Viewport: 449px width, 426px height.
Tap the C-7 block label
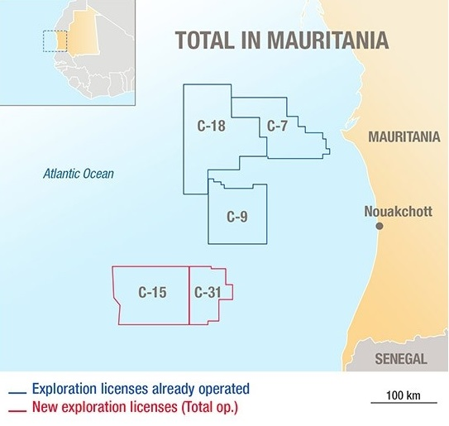click(277, 127)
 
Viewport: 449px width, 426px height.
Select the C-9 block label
click(237, 218)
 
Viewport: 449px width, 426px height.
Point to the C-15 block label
click(153, 291)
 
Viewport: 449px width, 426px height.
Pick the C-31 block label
click(207, 291)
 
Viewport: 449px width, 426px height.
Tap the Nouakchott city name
click(398, 212)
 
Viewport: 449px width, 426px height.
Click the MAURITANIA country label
click(404, 136)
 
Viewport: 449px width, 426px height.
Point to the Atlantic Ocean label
click(79, 174)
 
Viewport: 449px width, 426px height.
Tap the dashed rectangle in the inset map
click(55, 40)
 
